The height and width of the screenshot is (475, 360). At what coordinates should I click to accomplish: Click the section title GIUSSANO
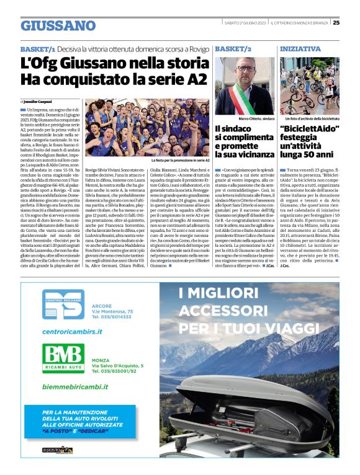[58, 25]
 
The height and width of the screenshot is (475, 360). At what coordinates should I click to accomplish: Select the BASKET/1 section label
[38, 48]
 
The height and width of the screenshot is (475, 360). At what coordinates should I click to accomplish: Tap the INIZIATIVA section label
[300, 48]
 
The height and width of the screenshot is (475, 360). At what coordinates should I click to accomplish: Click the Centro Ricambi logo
[63, 305]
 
